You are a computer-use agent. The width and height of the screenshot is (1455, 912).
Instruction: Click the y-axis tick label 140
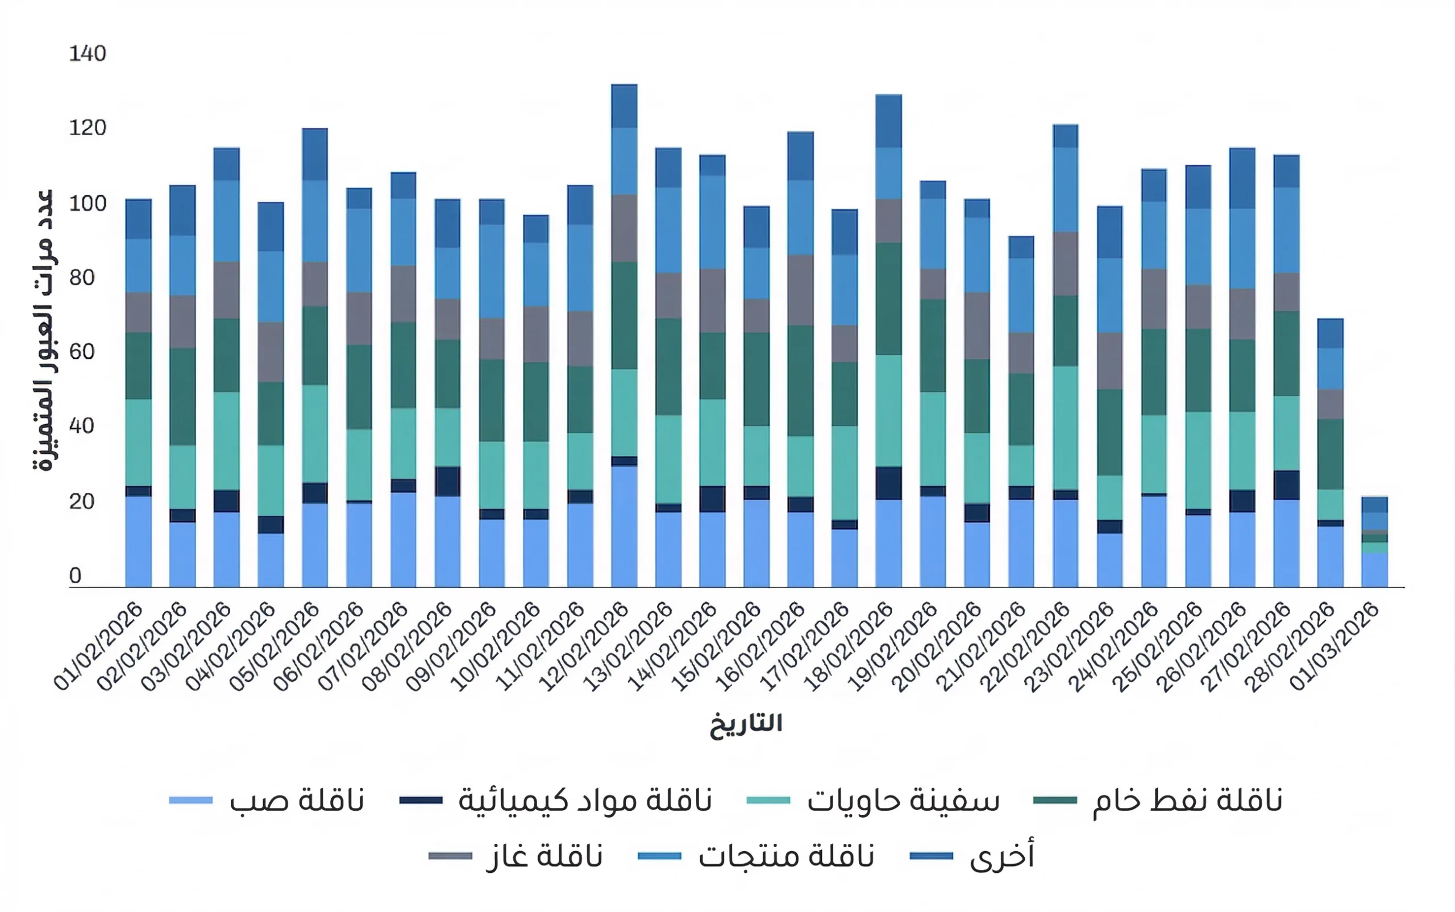pos(88,53)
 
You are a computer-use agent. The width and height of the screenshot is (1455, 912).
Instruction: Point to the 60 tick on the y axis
pos(82,351)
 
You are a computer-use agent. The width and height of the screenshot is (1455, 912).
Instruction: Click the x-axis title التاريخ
pos(746,723)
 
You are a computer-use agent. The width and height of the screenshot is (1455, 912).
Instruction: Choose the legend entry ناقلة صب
pos(267,801)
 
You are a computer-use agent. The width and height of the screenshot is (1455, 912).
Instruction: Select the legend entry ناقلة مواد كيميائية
pos(555,801)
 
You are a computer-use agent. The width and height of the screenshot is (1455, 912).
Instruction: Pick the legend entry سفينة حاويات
pos(872,801)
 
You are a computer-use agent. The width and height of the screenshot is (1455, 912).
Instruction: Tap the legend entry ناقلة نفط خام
pos(1157,801)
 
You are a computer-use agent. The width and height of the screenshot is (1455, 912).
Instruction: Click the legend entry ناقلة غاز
pos(516,856)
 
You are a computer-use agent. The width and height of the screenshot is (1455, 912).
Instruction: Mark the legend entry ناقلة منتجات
pos(756,856)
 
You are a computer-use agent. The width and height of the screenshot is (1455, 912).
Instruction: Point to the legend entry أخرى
pos(972,856)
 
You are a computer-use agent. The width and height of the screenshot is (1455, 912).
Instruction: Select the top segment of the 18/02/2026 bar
pos(889,121)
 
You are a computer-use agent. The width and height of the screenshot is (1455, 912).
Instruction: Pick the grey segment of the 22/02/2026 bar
pos(1066,264)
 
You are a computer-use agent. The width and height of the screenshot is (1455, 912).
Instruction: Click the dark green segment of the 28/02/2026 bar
pos(1330,454)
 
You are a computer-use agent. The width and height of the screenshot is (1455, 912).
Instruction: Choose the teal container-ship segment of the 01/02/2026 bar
pos(139,442)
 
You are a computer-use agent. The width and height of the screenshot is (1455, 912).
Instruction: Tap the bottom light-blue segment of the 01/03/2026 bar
pos(1374,569)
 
